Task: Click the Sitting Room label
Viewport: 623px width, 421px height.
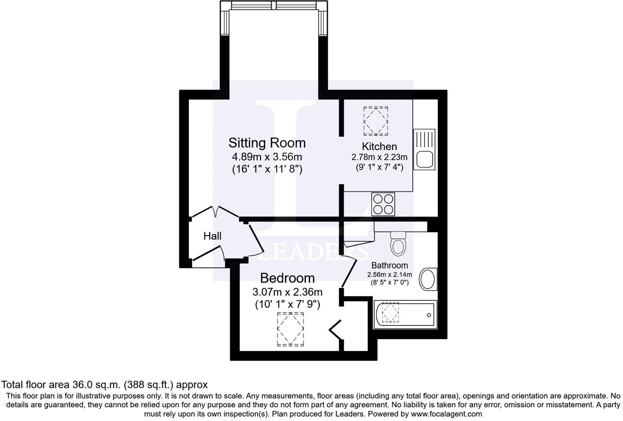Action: [x=267, y=143]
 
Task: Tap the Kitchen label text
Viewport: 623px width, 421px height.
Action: [x=379, y=146]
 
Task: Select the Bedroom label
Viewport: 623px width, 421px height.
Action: [x=287, y=278]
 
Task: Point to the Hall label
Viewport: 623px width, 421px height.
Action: [x=212, y=236]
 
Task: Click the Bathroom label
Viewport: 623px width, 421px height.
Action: [x=389, y=266]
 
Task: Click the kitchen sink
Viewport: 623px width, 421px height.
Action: [x=424, y=150]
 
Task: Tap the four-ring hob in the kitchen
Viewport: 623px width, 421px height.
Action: [x=383, y=204]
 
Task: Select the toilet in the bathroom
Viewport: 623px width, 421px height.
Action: [x=398, y=244]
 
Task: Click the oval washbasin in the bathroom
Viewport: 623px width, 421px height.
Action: [x=428, y=279]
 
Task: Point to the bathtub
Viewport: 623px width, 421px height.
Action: [x=405, y=315]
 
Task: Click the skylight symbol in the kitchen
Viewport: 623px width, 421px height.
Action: [x=376, y=121]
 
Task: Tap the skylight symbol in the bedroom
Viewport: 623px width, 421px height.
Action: [x=290, y=329]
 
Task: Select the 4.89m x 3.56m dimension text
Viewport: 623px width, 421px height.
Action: [x=267, y=157]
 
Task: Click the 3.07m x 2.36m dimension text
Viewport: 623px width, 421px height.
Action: [x=287, y=292]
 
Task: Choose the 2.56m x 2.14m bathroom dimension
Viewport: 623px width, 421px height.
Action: [x=389, y=275]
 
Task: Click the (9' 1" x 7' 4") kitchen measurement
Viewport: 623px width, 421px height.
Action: [x=379, y=166]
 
